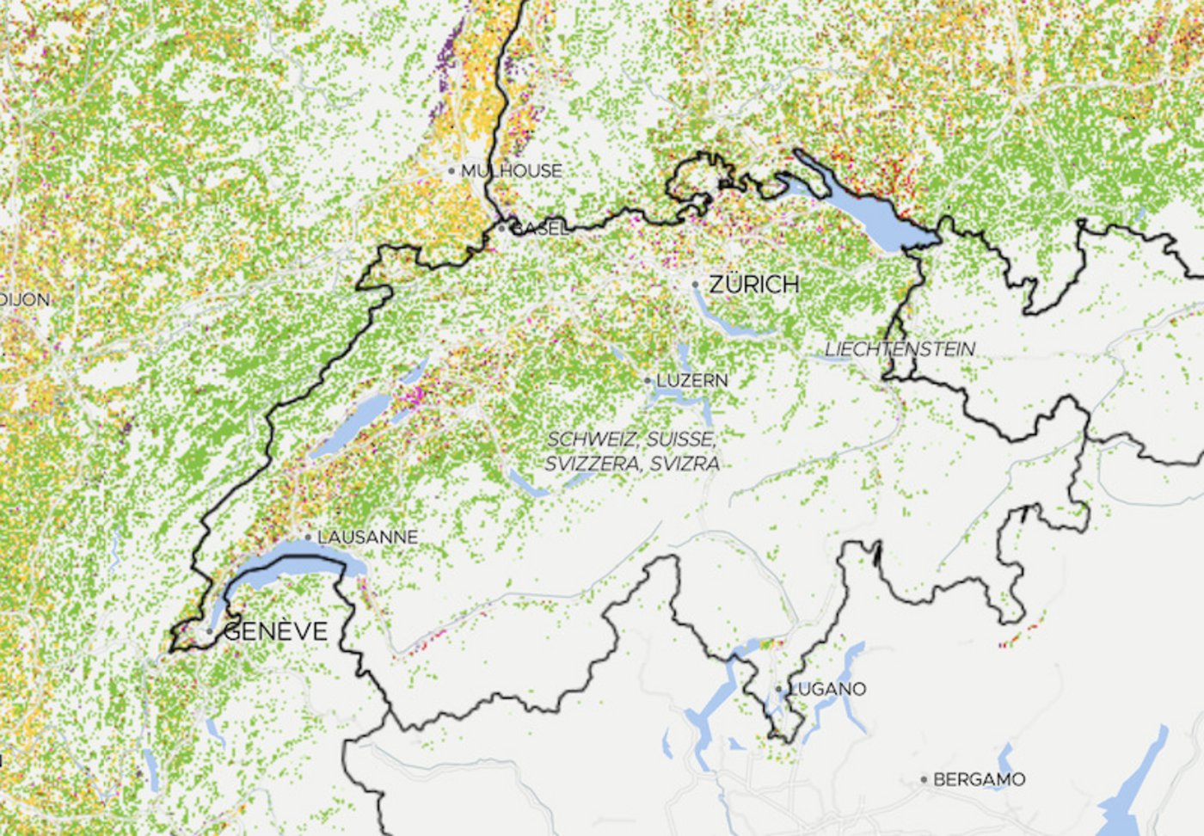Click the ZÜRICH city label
coord(754,284)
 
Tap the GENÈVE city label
coord(276,631)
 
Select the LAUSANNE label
coord(367,537)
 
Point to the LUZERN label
coord(692,380)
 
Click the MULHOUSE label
coord(511,171)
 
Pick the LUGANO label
coord(827,689)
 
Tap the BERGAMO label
coord(979,779)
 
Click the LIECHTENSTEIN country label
coord(900,349)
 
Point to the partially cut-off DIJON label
coord(25,300)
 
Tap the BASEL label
coord(539,229)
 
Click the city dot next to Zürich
coord(696,284)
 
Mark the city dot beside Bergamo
coord(924,779)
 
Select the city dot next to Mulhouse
coord(451,171)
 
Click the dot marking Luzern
coord(648,380)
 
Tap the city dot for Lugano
coord(779,689)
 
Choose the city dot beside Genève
coord(210,631)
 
